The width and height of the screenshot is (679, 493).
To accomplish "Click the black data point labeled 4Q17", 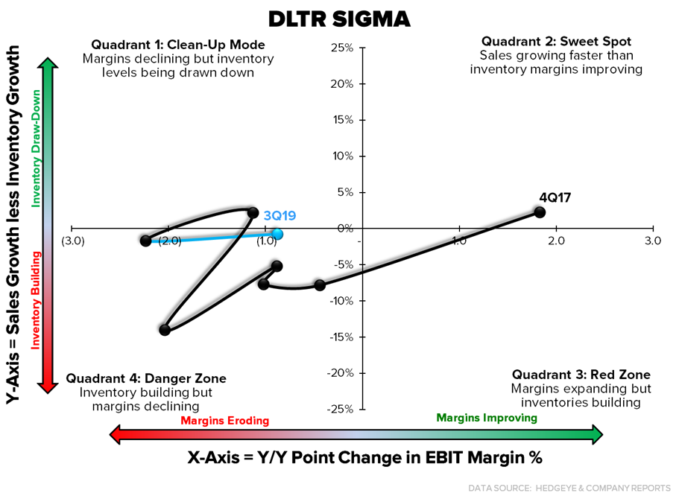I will (540, 212).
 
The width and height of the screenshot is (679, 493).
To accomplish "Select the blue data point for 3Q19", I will (277, 234).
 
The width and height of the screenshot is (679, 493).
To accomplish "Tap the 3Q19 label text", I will (280, 216).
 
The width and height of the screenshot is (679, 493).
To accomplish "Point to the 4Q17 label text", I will (555, 197).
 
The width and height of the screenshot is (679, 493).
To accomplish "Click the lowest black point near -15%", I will (165, 330).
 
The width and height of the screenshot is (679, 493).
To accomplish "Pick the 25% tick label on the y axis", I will (341, 48).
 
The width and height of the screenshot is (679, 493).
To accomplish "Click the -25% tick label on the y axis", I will (339, 409).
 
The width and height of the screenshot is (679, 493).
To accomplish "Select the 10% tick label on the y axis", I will (341, 156).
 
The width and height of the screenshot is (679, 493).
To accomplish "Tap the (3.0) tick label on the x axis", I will (72, 241).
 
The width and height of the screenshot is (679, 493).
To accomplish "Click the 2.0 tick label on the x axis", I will (556, 241).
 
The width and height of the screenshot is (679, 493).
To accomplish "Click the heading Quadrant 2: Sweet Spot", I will (560, 41).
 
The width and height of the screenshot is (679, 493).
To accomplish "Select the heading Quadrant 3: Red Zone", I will (581, 375).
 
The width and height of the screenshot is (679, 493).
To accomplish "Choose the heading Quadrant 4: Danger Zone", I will (145, 378).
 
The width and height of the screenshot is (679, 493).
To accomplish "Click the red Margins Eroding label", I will (224, 421).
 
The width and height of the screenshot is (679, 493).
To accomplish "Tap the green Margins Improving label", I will (486, 418).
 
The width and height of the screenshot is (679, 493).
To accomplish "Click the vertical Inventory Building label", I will (34, 300).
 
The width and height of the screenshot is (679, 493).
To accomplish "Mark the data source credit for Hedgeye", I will (569, 487).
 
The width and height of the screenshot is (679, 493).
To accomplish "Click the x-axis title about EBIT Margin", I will (364, 457).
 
